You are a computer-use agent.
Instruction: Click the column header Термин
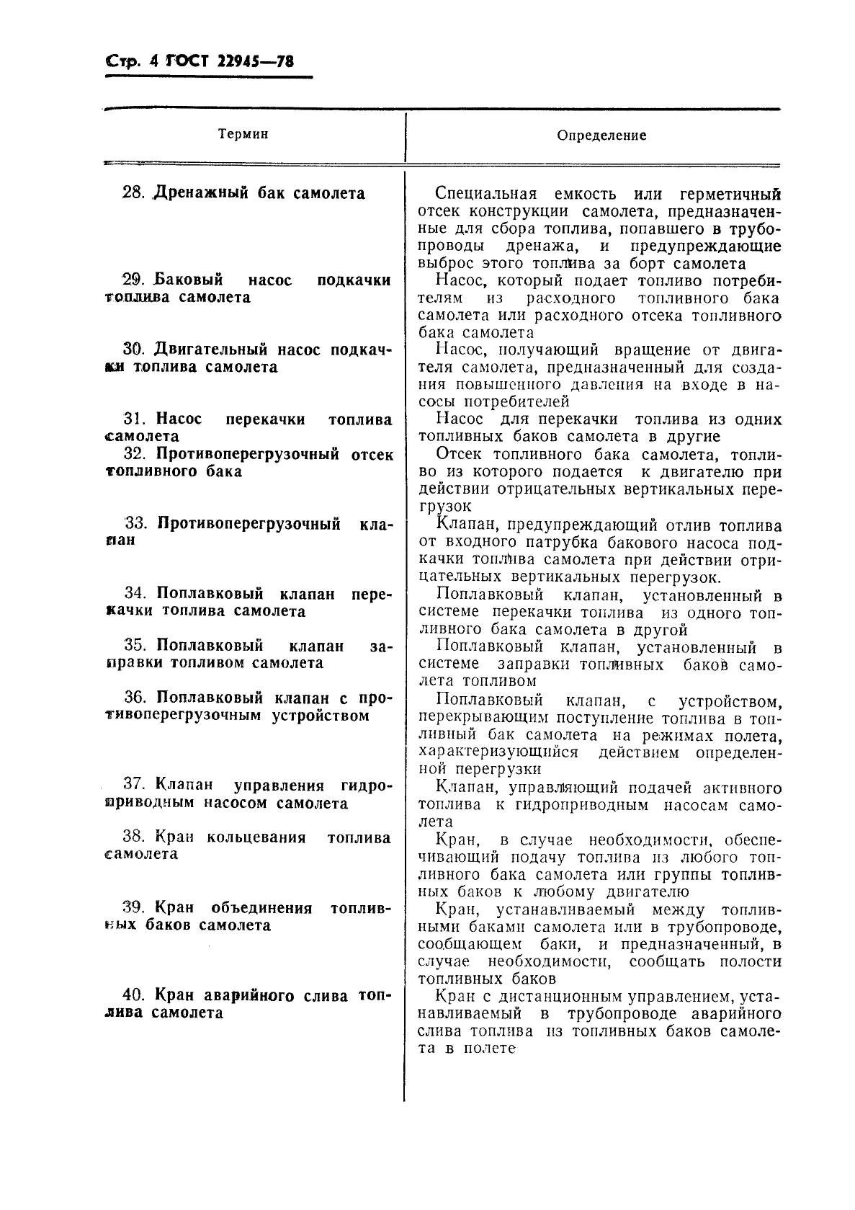[243, 134]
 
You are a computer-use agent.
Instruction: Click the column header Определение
[602, 135]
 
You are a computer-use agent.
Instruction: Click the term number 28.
[134, 193]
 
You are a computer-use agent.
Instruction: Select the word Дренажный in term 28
[201, 193]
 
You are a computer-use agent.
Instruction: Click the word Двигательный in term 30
[211, 350]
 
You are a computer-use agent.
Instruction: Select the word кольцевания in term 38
[256, 837]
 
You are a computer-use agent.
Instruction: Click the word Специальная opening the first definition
[486, 194]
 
